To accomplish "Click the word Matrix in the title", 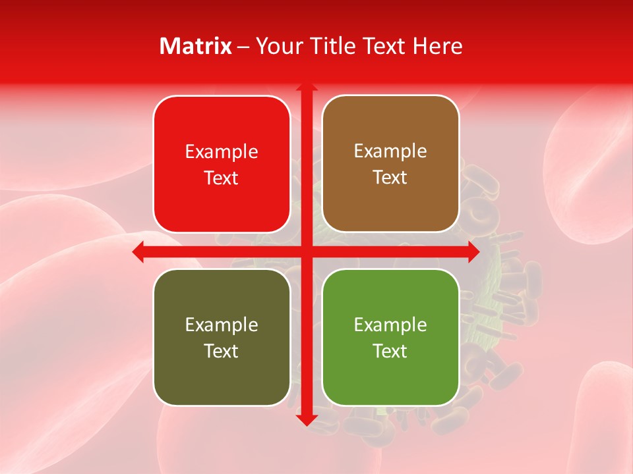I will [196, 46].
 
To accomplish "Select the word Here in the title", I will [437, 46].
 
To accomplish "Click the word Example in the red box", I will [222, 152].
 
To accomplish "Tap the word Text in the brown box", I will [390, 178].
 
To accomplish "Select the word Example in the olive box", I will [222, 325].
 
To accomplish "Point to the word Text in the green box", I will [390, 351].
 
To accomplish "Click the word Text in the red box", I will [222, 178].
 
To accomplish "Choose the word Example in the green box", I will [390, 325].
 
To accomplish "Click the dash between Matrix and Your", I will [243, 47].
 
